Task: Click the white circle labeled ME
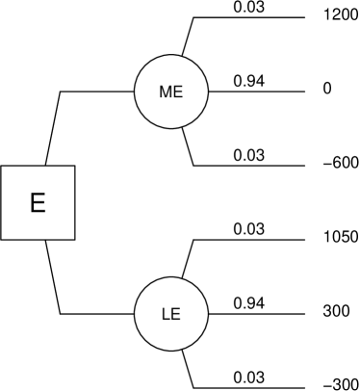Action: [171, 91]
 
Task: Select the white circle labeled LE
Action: [171, 314]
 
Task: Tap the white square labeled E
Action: [38, 202]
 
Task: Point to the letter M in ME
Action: [166, 92]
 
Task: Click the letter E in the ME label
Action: [177, 92]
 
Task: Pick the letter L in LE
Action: [166, 315]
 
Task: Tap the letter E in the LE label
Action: [176, 315]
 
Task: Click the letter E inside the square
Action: [38, 203]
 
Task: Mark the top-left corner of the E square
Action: [2, 167]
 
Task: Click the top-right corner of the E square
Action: [73, 167]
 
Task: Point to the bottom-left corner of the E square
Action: [2, 238]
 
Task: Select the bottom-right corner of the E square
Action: [73, 238]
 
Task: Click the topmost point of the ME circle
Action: [171, 56]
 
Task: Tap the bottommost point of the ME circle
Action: [171, 127]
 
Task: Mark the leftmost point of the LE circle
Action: [136, 314]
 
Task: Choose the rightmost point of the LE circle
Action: [207, 314]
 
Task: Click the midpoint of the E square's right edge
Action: [73, 202]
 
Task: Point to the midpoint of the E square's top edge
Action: [38, 167]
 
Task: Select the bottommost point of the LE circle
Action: [171, 350]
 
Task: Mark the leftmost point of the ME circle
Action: [136, 91]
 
